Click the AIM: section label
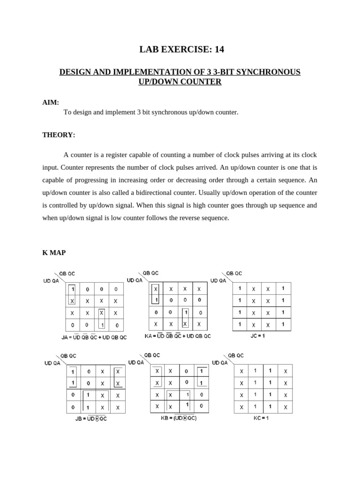(x=51, y=103)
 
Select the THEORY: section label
(x=59, y=135)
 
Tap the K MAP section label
(x=54, y=253)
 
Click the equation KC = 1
(x=261, y=418)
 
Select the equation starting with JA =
(x=94, y=337)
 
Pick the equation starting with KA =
(x=178, y=336)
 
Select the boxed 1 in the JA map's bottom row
(x=102, y=325)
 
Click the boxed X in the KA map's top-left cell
(x=156, y=289)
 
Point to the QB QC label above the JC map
(x=234, y=273)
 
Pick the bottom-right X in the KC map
(x=285, y=408)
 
